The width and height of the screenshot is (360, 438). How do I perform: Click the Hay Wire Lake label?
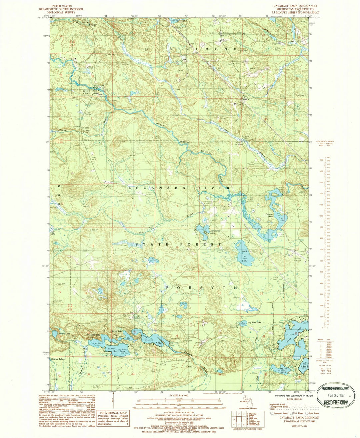click(254, 322)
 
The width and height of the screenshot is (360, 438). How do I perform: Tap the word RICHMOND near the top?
click(204, 49)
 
